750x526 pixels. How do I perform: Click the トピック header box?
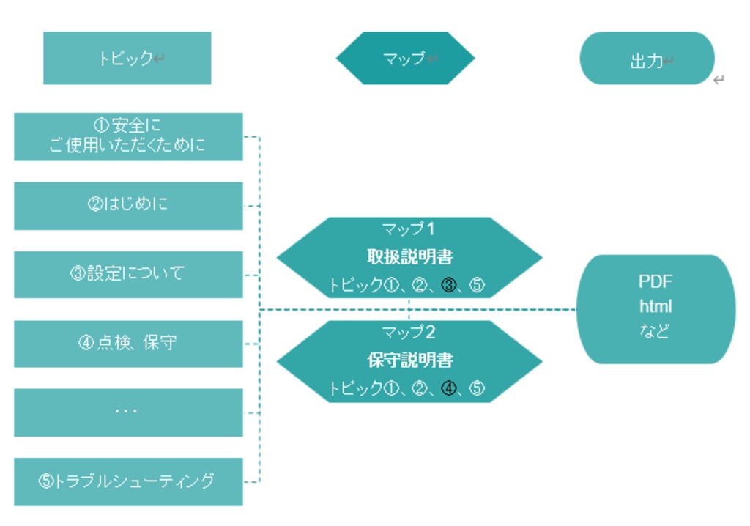click(x=127, y=58)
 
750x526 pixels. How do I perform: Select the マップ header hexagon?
click(x=405, y=58)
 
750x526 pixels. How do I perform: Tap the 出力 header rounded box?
click(x=647, y=58)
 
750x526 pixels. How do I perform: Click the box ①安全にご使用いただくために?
click(x=128, y=136)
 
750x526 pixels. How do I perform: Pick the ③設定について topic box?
click(x=128, y=274)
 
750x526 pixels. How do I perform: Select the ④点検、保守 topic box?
click(x=128, y=343)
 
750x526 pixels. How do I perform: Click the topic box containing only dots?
click(x=128, y=412)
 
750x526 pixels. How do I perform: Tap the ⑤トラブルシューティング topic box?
click(x=128, y=481)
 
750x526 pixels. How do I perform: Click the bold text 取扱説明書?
click(x=409, y=257)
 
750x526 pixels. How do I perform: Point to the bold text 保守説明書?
click(x=409, y=360)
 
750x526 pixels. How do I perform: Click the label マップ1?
click(x=409, y=229)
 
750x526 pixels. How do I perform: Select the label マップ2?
click(x=409, y=333)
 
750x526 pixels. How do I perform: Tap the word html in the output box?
click(x=655, y=307)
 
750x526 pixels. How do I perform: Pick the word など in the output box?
click(x=655, y=331)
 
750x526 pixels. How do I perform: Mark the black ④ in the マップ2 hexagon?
click(x=449, y=389)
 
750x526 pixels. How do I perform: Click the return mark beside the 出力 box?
click(x=719, y=80)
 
